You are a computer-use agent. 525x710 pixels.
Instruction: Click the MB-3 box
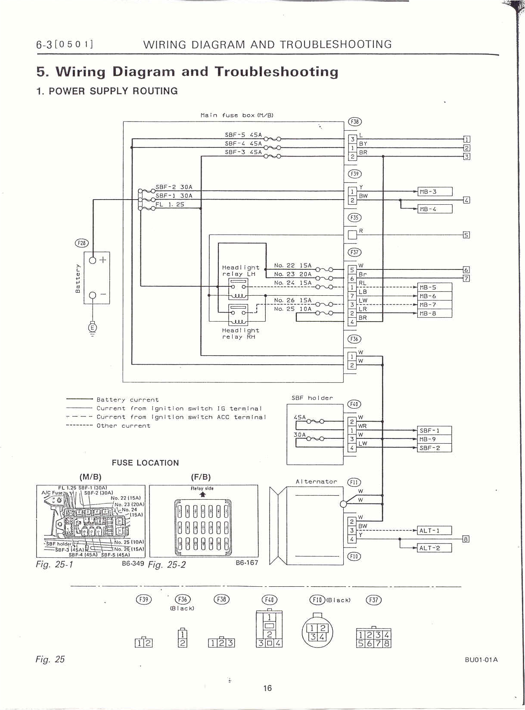point(435,191)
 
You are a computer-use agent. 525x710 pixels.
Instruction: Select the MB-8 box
point(435,313)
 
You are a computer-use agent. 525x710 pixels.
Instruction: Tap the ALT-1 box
point(435,531)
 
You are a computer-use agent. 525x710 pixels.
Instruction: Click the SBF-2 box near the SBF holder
point(435,448)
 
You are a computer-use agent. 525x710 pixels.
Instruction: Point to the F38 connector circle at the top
point(354,122)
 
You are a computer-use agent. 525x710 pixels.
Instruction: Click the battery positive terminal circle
point(93,260)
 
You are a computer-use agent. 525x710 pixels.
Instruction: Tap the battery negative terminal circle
point(93,295)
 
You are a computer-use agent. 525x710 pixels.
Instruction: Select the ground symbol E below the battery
point(92,328)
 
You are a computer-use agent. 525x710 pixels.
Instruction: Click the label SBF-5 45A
point(243,135)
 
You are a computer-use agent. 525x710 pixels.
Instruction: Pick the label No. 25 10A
point(292,309)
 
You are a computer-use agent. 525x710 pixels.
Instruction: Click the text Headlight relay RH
point(240,334)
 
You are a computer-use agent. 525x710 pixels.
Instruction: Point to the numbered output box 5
point(466,235)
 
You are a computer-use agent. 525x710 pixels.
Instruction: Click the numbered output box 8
point(466,539)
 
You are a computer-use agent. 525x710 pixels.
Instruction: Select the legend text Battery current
point(127,400)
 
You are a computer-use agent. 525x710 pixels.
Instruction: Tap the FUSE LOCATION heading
point(145,463)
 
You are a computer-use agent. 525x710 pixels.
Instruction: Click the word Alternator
point(316,482)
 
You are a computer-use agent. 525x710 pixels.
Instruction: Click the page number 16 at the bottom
point(267,688)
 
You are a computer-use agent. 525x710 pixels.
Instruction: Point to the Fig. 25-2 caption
point(167,565)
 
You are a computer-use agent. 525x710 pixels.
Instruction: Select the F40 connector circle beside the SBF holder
point(354,404)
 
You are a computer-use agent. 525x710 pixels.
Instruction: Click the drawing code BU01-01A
point(481,660)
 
